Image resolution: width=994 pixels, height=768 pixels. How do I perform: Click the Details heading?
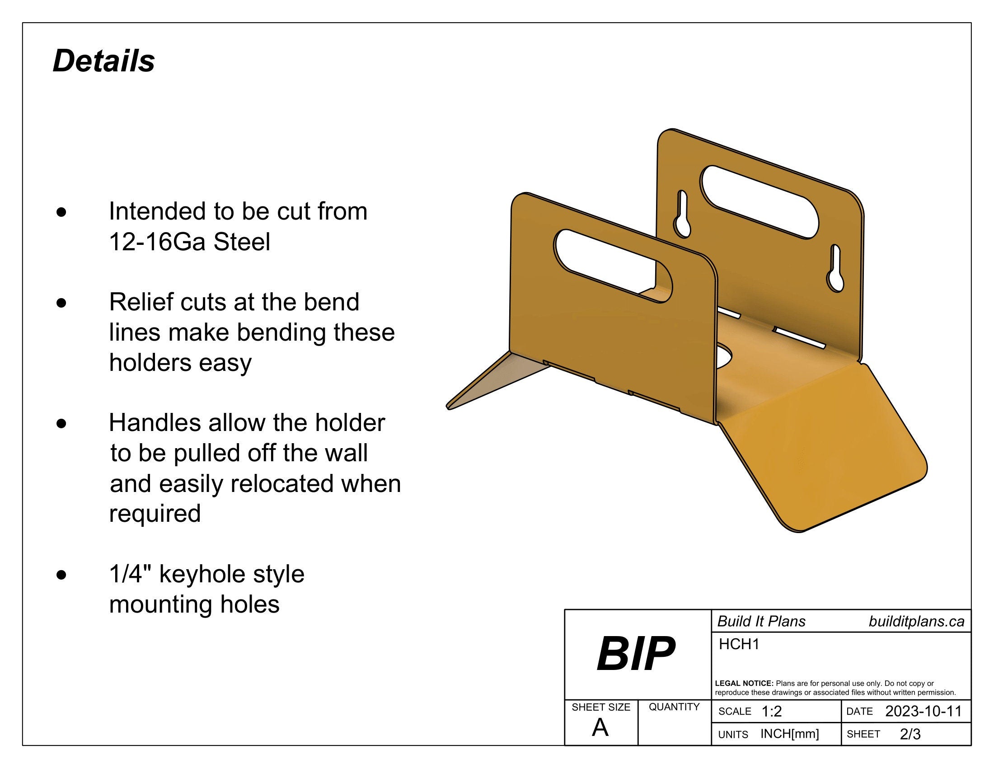[104, 61]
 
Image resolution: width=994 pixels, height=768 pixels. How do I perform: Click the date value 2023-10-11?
[923, 712]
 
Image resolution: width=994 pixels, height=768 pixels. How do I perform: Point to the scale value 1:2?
[771, 712]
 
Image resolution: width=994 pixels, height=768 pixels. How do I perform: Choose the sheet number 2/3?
[910, 734]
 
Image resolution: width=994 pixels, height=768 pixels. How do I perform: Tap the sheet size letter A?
[600, 728]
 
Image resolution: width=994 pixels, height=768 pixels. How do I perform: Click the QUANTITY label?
[674, 707]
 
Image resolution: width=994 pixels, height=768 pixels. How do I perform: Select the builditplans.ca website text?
[916, 622]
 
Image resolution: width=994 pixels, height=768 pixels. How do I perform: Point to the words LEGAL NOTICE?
[744, 684]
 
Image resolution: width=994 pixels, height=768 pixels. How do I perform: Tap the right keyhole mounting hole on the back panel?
[835, 269]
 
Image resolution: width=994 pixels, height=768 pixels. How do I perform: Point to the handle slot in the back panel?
[759, 202]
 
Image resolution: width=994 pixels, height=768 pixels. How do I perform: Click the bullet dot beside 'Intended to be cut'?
[61, 212]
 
